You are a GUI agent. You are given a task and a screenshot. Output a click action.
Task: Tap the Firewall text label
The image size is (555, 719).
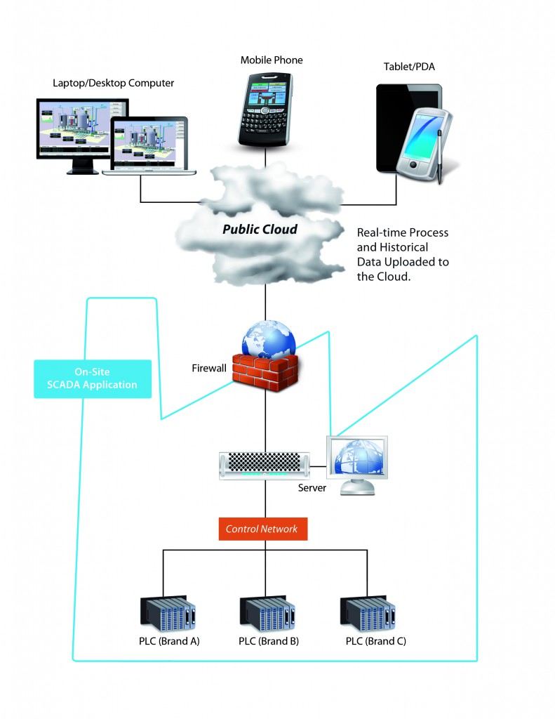click(210, 368)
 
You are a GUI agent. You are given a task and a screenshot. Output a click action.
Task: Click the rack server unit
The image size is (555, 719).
click(265, 465)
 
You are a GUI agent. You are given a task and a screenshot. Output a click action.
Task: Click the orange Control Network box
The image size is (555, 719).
click(261, 529)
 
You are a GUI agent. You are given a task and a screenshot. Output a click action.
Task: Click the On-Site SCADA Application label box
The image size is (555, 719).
click(93, 379)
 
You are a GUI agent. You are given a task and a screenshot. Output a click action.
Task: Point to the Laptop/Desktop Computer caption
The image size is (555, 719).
click(114, 84)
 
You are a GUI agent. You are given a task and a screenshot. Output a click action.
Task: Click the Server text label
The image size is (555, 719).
click(312, 487)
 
